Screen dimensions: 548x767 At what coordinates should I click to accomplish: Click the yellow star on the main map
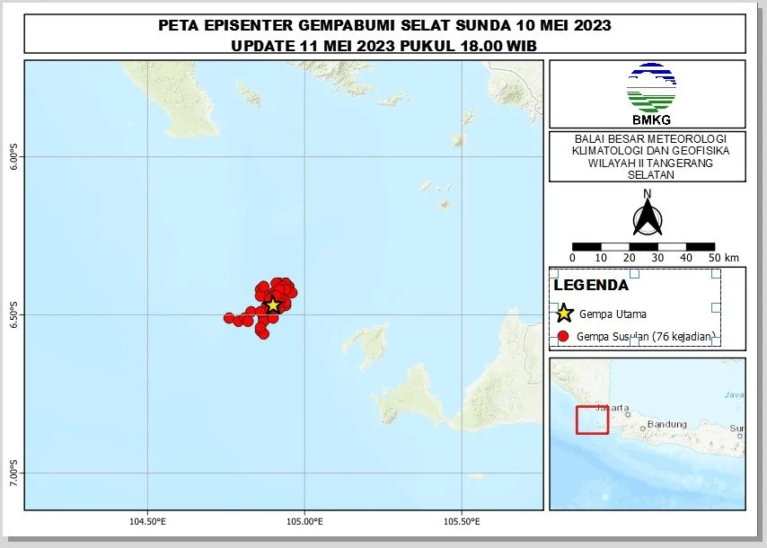point(273,305)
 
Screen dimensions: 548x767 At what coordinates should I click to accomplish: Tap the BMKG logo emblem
point(651,88)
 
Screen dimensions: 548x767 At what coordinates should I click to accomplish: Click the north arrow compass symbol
point(647,218)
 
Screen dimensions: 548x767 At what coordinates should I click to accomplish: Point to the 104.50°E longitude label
point(147,521)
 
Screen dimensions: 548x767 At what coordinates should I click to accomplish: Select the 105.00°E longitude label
point(304,521)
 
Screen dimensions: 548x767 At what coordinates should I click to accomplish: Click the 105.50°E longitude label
point(461,521)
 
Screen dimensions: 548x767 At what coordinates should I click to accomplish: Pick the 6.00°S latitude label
point(13,157)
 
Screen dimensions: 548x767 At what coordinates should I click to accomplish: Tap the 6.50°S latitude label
point(13,314)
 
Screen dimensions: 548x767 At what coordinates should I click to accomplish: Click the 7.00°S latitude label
point(13,473)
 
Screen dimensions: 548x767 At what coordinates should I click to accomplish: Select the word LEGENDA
point(591,286)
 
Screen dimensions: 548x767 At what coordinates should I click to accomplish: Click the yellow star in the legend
point(563,314)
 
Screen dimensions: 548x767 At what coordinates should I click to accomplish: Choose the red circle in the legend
point(563,337)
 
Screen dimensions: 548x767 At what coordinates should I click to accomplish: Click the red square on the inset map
point(592,420)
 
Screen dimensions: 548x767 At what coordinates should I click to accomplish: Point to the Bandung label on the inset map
point(667,424)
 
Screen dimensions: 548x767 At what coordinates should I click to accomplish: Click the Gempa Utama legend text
point(613,314)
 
